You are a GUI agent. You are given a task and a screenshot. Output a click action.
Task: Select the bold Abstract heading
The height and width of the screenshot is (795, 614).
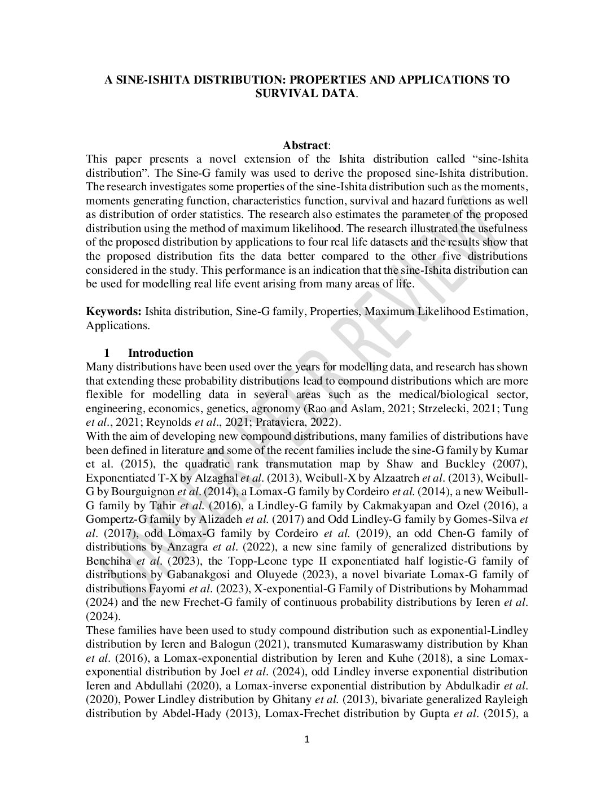pos(305,146)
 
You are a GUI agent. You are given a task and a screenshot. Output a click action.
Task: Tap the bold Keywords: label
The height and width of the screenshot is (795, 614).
pos(113,311)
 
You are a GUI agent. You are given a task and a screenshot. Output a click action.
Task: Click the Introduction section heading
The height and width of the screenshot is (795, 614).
pos(160,353)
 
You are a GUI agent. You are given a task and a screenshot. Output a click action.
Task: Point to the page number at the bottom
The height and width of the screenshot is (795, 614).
pos(307,740)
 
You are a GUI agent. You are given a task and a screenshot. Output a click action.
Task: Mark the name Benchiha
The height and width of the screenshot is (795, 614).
pos(109,561)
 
